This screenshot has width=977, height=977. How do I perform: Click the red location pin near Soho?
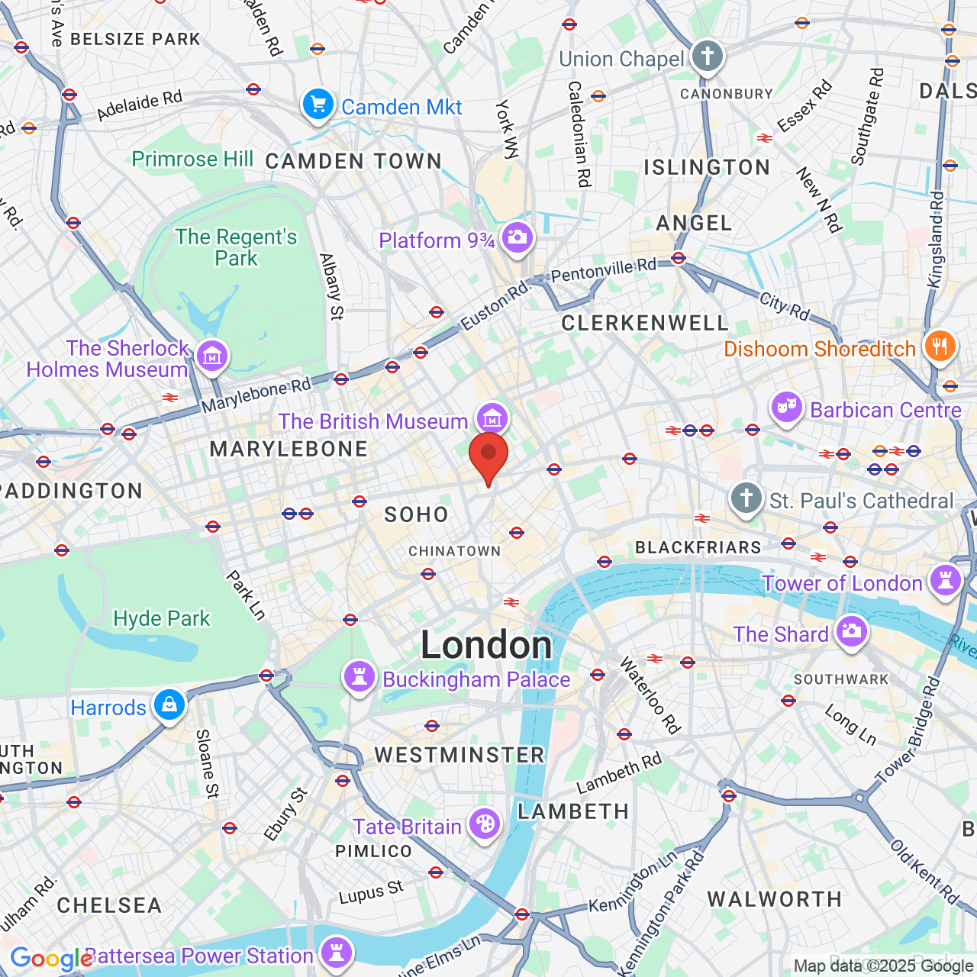click(x=488, y=456)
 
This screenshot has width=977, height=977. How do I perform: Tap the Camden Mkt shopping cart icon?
click(x=318, y=105)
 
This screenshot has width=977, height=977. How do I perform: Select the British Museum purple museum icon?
click(x=492, y=418)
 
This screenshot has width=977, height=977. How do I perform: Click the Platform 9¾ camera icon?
click(x=517, y=237)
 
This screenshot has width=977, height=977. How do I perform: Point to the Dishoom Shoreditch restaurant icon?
click(x=940, y=347)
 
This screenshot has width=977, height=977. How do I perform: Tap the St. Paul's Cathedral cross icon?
click(x=746, y=498)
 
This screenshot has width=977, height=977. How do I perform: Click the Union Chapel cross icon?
click(x=707, y=56)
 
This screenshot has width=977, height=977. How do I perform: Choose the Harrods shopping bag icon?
click(x=169, y=705)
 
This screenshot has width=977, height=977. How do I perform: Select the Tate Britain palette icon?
click(x=485, y=824)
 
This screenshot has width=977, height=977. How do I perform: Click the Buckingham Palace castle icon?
click(x=359, y=677)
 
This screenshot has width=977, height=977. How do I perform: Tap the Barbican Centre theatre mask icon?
click(x=786, y=408)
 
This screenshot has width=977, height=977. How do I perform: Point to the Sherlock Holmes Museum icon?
click(x=212, y=356)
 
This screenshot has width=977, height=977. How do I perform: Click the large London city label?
click(x=486, y=646)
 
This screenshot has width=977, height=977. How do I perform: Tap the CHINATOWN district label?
click(x=454, y=551)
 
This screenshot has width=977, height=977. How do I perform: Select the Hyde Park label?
click(x=161, y=618)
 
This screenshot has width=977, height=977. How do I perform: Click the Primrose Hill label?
click(x=192, y=159)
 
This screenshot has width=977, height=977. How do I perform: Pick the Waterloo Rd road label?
click(x=650, y=695)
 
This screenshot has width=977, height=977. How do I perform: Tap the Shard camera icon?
click(x=851, y=632)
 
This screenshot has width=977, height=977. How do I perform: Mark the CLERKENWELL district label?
click(x=645, y=323)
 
